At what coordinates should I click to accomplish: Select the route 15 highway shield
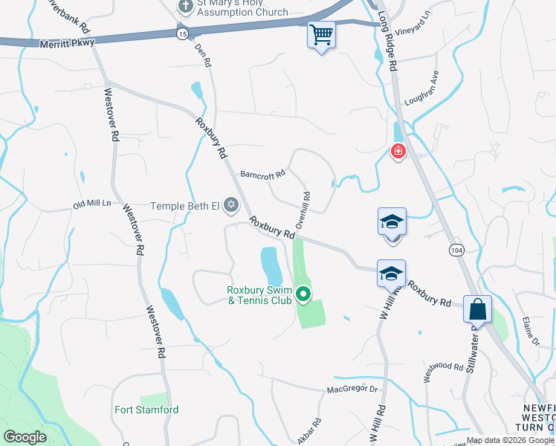[183, 34]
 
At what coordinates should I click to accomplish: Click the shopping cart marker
[321, 34]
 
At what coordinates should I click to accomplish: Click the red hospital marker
[399, 152]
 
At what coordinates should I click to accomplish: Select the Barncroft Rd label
[262, 175]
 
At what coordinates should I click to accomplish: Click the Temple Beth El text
[186, 205]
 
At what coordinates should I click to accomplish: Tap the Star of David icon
[231, 204]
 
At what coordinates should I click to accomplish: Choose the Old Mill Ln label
[91, 204]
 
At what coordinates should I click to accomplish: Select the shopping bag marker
[477, 308]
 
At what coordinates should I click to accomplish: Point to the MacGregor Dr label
[352, 390]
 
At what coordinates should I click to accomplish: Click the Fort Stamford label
[146, 410]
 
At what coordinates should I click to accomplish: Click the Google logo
[25, 437]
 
